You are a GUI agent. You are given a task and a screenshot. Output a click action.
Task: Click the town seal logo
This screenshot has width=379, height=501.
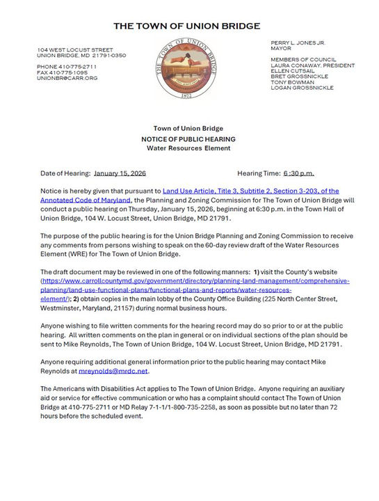[x=189, y=70]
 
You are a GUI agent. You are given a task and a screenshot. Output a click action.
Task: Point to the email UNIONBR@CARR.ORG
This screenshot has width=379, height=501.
[x=67, y=78]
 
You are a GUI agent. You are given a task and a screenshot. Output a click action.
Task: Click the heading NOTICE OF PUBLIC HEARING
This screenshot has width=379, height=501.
[x=189, y=139]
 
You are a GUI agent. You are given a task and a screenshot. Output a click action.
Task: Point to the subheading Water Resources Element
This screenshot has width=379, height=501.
[x=189, y=148]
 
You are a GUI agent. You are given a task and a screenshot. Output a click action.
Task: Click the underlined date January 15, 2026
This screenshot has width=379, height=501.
[x=120, y=173]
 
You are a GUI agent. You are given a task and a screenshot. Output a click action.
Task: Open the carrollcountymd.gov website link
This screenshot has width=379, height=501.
[x=195, y=281]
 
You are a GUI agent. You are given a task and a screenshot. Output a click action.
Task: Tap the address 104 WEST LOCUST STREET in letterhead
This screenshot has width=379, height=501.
[x=75, y=49]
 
